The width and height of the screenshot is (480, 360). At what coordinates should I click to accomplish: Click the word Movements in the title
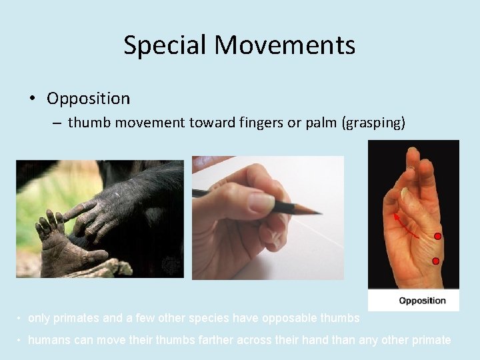point(285,45)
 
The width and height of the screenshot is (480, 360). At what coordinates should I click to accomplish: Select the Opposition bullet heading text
point(88,99)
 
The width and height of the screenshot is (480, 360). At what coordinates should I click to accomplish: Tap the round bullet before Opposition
point(32,99)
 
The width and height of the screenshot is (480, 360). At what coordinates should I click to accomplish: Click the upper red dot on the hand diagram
point(438,237)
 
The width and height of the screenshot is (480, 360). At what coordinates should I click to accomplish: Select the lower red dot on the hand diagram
point(435,261)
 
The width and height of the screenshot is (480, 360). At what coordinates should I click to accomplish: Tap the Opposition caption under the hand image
point(422,301)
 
